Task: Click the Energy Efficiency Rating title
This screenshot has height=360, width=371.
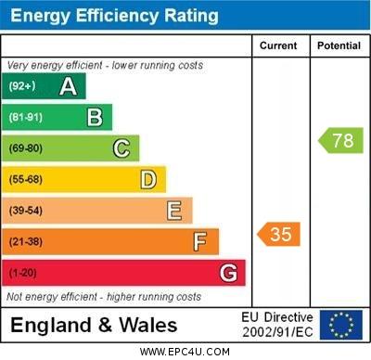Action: click(114, 16)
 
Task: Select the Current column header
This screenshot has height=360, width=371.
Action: click(278, 45)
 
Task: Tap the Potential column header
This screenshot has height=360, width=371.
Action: click(339, 45)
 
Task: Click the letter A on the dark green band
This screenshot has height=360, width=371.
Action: click(68, 86)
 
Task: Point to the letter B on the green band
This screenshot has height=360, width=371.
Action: click(95, 117)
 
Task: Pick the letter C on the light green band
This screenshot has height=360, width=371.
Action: click(122, 148)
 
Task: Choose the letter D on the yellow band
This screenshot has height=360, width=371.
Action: click(148, 179)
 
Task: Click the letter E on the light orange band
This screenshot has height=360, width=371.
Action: click(174, 211)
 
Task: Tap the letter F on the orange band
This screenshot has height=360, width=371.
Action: click(200, 242)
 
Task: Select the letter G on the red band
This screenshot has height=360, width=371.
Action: click(228, 274)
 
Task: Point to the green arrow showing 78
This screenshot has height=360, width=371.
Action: click(340, 141)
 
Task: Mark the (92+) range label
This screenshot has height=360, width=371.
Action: click(22, 86)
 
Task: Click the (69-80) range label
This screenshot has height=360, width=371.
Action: click(26, 148)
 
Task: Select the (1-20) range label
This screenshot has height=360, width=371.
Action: click(23, 274)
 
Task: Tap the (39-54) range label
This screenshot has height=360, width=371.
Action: click(26, 211)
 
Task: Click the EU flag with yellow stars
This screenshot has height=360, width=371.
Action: click(340, 325)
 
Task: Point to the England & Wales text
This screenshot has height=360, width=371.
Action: click(95, 326)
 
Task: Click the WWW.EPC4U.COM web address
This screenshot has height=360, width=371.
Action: click(185, 352)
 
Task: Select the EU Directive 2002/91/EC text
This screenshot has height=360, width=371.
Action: click(277, 325)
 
